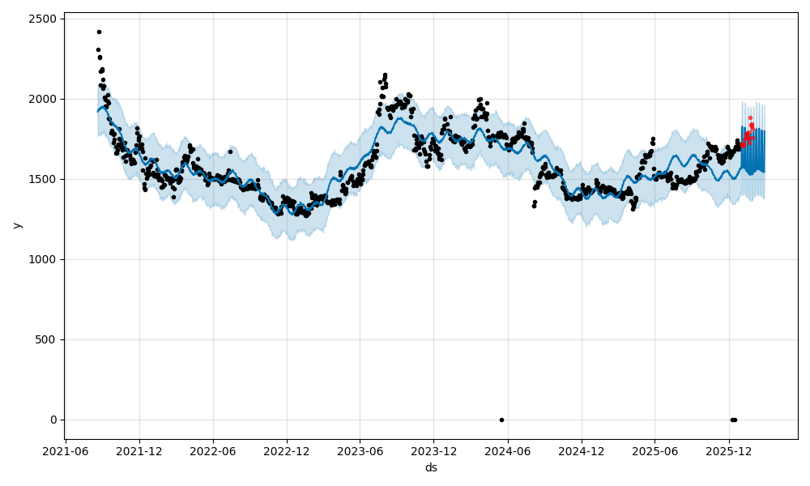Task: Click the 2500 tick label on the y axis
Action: pyautogui.click(x=43, y=19)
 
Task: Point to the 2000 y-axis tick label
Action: pyautogui.click(x=43, y=99)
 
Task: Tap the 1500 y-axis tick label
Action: pyautogui.click(x=43, y=179)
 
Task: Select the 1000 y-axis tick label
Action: pyautogui.click(x=43, y=259)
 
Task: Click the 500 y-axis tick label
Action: pyautogui.click(x=46, y=339)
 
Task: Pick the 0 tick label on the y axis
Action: pyautogui.click(x=53, y=420)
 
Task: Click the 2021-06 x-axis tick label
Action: pyautogui.click(x=66, y=451)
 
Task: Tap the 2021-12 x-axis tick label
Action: pyautogui.click(x=139, y=451)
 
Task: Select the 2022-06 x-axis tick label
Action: pyautogui.click(x=213, y=451)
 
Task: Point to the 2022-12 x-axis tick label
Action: pyautogui.click(x=287, y=451)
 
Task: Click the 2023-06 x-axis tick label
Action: pyautogui.click(x=360, y=451)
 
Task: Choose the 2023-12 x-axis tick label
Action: pyautogui.click(x=434, y=451)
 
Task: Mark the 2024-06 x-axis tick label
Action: pyautogui.click(x=508, y=451)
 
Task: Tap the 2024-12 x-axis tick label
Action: pyautogui.click(x=582, y=451)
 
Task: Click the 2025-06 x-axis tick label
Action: pyautogui.click(x=654, y=451)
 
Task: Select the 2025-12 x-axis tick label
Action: pyautogui.click(x=728, y=451)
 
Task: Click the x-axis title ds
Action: pyautogui.click(x=431, y=467)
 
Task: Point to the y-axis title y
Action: pyautogui.click(x=15, y=225)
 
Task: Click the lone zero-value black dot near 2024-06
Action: pyautogui.click(x=501, y=420)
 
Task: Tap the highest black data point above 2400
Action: pyautogui.click(x=99, y=32)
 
